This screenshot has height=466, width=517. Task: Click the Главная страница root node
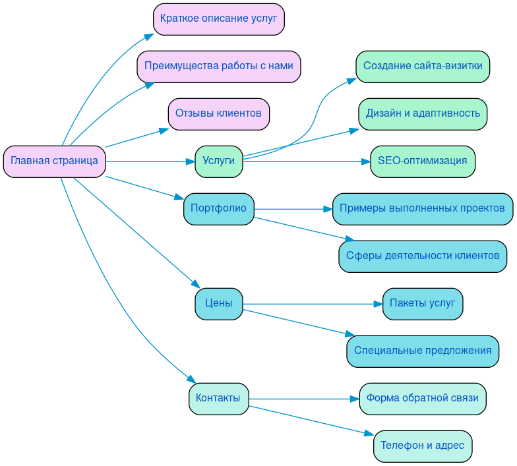pyautogui.click(x=54, y=161)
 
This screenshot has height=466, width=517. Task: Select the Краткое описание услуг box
pyautogui.click(x=218, y=19)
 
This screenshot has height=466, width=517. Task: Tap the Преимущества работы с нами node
pyautogui.click(x=218, y=67)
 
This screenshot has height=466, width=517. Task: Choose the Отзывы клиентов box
pyautogui.click(x=218, y=114)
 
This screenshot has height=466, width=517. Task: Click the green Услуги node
pyautogui.click(x=218, y=161)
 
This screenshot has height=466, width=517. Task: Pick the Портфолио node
pyautogui.click(x=218, y=209)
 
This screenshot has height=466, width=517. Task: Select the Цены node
pyautogui.click(x=218, y=304)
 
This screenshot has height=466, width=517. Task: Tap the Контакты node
pyautogui.click(x=218, y=399)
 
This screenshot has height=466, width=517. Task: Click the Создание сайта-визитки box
pyautogui.click(x=423, y=67)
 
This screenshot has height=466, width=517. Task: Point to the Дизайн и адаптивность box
pyautogui.click(x=423, y=114)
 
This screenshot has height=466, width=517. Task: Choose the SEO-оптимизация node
pyautogui.click(x=423, y=161)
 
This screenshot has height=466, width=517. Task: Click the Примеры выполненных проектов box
pyautogui.click(x=423, y=209)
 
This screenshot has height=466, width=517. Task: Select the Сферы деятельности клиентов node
pyautogui.click(x=423, y=256)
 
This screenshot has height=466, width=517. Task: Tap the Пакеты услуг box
pyautogui.click(x=423, y=304)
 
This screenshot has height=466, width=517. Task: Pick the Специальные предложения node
pyautogui.click(x=423, y=351)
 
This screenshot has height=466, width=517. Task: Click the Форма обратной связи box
pyautogui.click(x=423, y=399)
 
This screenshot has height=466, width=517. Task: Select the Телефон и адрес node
pyautogui.click(x=423, y=446)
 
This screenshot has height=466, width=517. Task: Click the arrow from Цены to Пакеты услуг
pyautogui.click(x=310, y=304)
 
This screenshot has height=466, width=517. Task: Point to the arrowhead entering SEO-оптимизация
pyautogui.click(x=365, y=161)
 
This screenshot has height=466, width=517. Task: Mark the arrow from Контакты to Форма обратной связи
pyautogui.click(x=303, y=399)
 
